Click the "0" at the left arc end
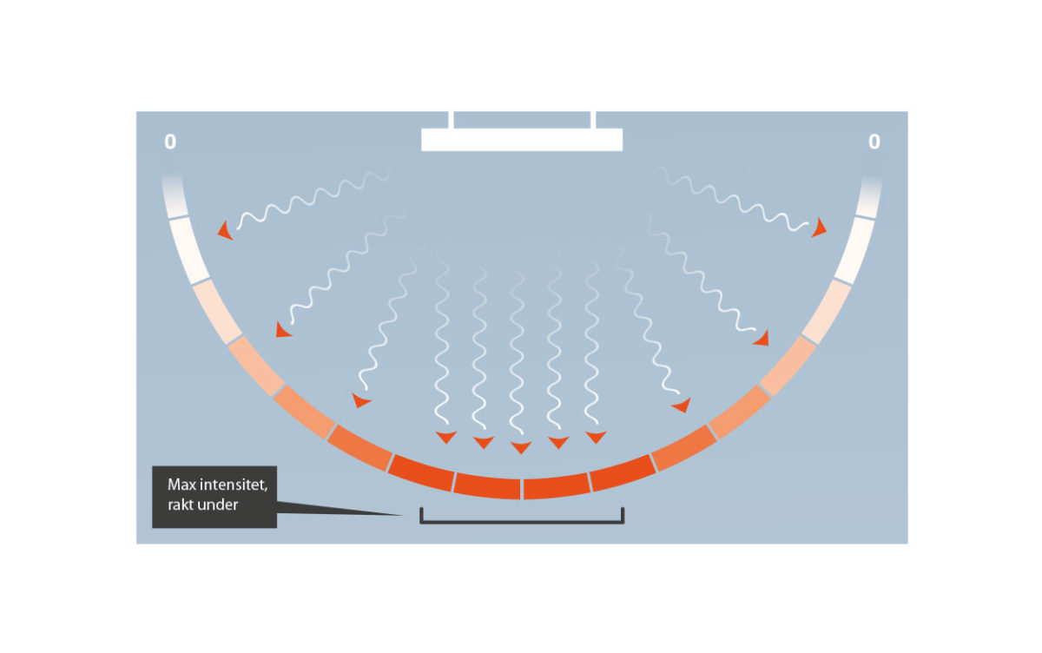click(x=170, y=142)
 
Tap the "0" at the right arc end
click(x=874, y=142)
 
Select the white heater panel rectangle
click(x=522, y=140)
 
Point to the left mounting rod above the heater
click(x=451, y=120)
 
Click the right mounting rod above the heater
click(x=593, y=120)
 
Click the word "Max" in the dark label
click(x=181, y=485)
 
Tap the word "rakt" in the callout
click(x=181, y=505)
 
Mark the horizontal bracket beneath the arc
click(x=522, y=522)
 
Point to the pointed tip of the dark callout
click(x=402, y=515)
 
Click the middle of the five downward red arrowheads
click(x=521, y=447)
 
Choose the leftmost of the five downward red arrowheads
click(x=446, y=437)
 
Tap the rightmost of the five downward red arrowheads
click(x=596, y=437)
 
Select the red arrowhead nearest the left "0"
click(x=225, y=231)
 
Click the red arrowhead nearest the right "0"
click(x=819, y=228)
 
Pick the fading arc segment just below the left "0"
click(x=175, y=195)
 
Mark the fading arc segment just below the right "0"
click(x=869, y=195)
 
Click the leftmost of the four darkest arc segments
click(x=421, y=472)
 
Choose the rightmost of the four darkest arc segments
click(x=623, y=472)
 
